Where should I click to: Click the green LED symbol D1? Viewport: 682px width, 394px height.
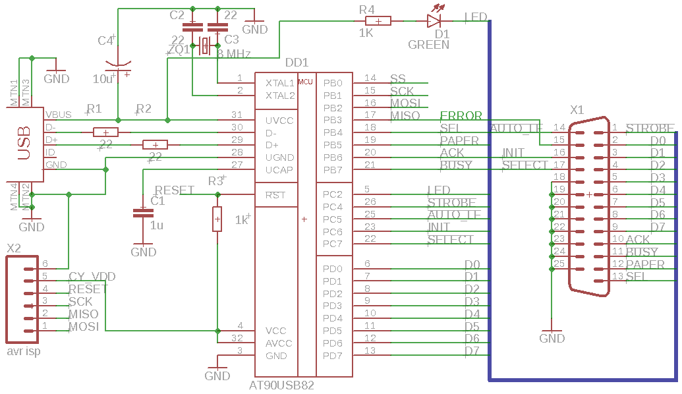coord(433,21)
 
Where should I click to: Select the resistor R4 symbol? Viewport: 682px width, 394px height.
coord(378,21)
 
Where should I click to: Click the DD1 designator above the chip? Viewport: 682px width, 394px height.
coord(297,63)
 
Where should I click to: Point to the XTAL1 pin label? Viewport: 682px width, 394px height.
coord(279,84)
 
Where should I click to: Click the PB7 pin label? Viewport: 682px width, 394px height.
coord(333,170)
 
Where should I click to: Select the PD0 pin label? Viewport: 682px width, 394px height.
coord(333,269)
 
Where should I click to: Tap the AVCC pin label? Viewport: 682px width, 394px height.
coord(278,343)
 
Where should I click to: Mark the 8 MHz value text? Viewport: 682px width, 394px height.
coord(234,53)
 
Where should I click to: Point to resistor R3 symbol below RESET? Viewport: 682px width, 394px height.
coord(217,219)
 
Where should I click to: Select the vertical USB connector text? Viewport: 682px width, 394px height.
coord(24,143)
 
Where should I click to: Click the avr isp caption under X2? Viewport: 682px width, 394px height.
coord(23,351)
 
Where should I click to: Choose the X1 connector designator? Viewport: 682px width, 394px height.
coord(577,110)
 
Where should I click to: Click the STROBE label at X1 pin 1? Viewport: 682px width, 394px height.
coord(650,128)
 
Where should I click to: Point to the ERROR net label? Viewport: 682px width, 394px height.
coord(461,117)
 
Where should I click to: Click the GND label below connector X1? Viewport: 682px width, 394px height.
coord(552,339)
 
